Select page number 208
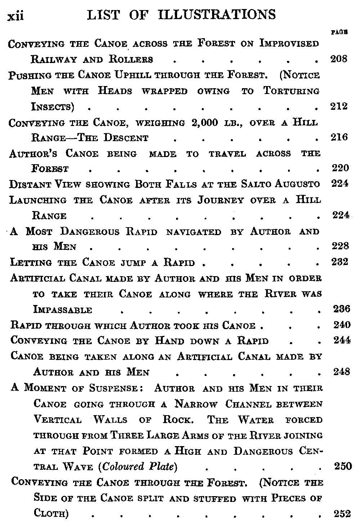pos(339,59)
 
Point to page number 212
pos(339,106)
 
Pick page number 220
pos(340,168)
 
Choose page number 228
pos(340,246)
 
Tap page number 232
pos(340,262)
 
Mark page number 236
pos(341,309)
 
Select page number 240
pos(342,325)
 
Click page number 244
pos(342,340)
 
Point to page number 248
pos(342,372)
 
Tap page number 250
pos(342,466)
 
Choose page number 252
pos(342,514)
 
